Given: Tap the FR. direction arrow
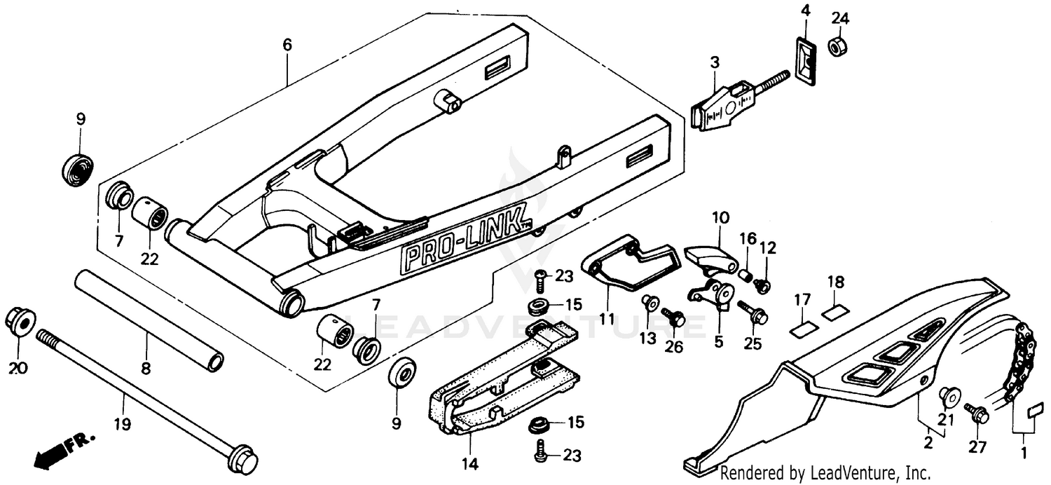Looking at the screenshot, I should coord(63,451).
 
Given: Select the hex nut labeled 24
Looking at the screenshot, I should coord(837,47).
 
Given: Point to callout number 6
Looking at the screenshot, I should coord(287,45).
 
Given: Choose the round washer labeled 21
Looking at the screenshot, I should coord(949,397).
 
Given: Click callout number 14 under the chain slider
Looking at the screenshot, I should coord(469,463).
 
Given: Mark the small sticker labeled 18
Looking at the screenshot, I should coord(833,311).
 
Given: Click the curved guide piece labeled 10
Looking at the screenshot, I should coord(708,255).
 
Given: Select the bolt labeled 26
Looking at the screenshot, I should coord(674,317).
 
